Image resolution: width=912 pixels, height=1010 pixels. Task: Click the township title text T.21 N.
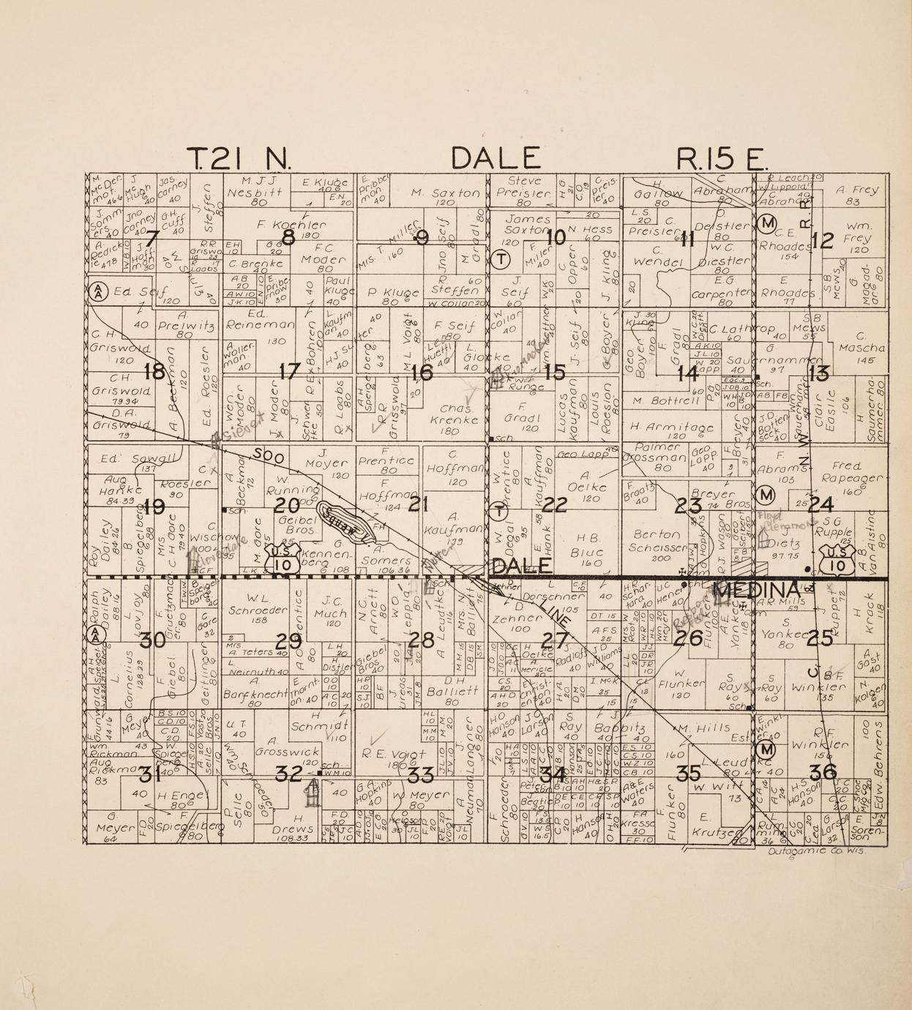pyautogui.click(x=239, y=158)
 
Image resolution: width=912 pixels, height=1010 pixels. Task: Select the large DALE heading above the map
pyautogui.click(x=496, y=158)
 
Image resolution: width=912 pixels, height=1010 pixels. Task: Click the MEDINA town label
pyautogui.click(x=755, y=590)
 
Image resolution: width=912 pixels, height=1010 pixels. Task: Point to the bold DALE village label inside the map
pyautogui.click(x=522, y=566)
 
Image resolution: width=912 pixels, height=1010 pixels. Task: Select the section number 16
pyautogui.click(x=421, y=373)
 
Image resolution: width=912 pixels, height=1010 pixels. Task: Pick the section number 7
pyautogui.click(x=151, y=238)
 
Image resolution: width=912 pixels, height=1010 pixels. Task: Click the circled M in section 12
pyautogui.click(x=767, y=222)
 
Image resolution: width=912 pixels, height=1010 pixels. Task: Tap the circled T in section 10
pyautogui.click(x=501, y=259)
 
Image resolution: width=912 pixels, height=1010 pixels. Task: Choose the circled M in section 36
pyautogui.click(x=766, y=750)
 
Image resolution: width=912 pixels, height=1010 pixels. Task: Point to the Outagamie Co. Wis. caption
pyautogui.click(x=824, y=851)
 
